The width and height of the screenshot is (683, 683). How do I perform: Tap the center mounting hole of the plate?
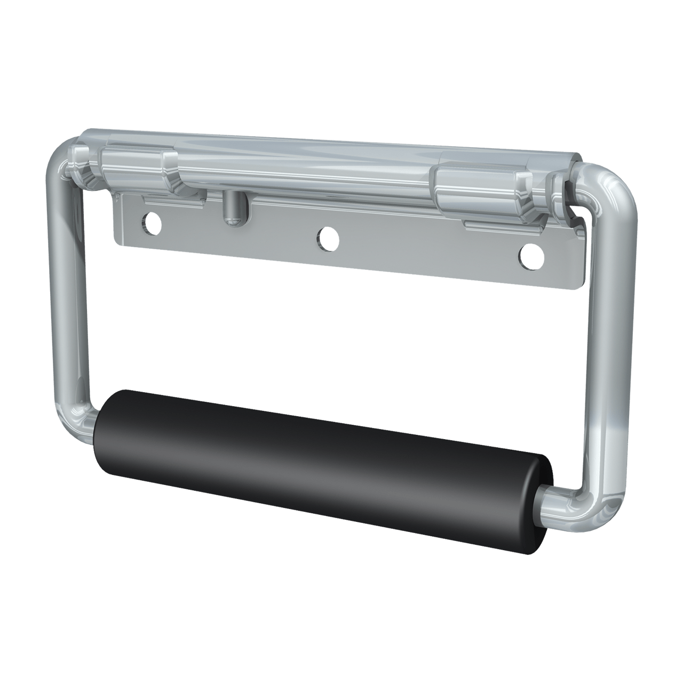coord(328,237)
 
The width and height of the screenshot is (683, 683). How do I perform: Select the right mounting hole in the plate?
coord(531,256)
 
